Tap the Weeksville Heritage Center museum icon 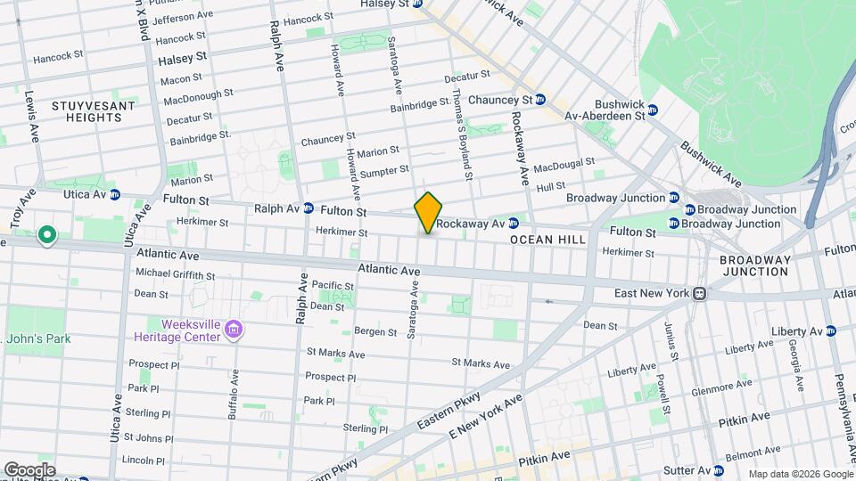[235, 330]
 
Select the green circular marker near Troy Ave [46, 236]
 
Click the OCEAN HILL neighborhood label [547, 240]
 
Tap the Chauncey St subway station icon [540, 100]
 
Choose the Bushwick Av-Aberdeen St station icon [652, 110]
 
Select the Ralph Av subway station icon [308, 208]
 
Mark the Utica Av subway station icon [115, 194]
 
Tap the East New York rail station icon [701, 293]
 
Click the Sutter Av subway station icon [719, 470]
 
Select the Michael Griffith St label [175, 273]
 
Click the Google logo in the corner [29, 470]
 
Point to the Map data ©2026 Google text [800, 474]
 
